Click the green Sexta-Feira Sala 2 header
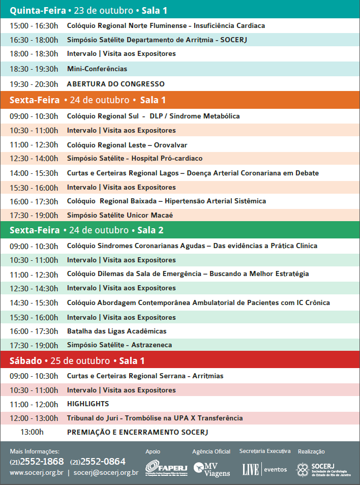(x=86, y=230)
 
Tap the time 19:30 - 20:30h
(x=34, y=84)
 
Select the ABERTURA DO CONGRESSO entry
(x=116, y=84)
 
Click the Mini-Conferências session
(x=97, y=69)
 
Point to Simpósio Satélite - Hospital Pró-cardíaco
(x=135, y=158)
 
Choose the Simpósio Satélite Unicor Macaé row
(x=120, y=215)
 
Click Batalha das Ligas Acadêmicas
(x=116, y=331)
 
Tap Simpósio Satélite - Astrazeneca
(x=119, y=345)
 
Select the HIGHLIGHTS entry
(x=88, y=404)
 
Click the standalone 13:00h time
(x=32, y=432)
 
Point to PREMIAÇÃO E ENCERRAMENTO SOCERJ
(x=138, y=432)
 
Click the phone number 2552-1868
(x=43, y=462)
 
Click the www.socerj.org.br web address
(x=37, y=473)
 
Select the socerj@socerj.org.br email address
(x=106, y=473)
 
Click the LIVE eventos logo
(x=264, y=469)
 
